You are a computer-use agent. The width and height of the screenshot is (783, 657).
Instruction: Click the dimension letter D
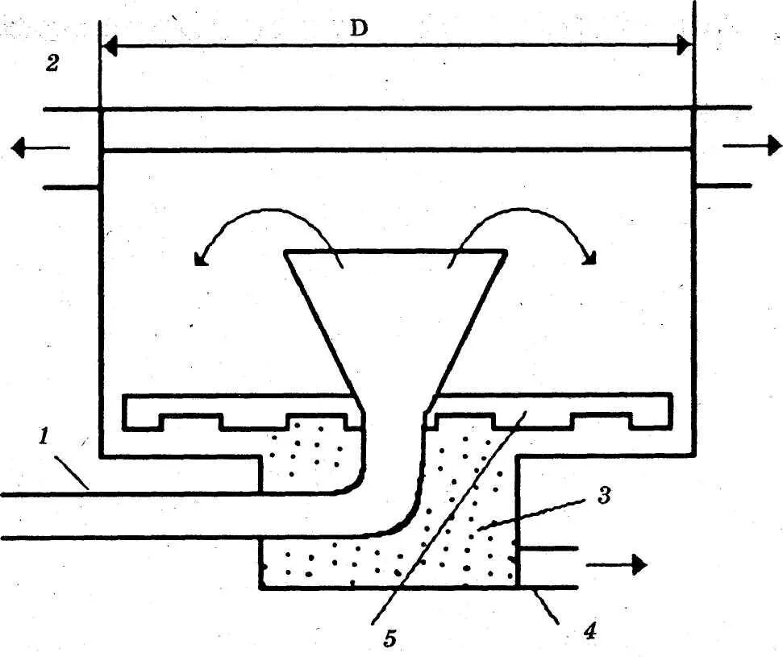point(359,28)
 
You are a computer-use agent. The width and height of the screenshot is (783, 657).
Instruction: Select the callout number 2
point(52,64)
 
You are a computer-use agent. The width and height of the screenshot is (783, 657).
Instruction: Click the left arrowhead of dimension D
point(110,46)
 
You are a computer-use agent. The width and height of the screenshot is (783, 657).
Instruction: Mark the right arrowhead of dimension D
point(684,46)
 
